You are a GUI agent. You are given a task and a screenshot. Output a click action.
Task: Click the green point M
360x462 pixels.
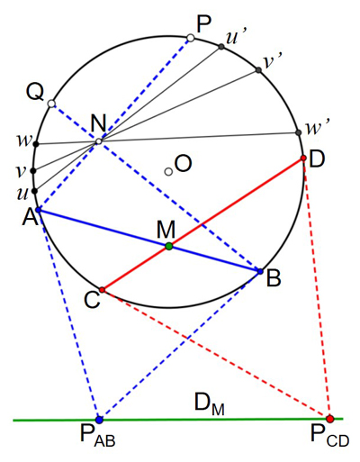point(169,246)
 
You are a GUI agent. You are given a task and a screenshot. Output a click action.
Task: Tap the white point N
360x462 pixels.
point(99,141)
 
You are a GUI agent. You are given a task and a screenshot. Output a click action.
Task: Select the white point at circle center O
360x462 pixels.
point(168,172)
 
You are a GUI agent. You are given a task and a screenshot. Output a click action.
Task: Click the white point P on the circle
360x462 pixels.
point(191,38)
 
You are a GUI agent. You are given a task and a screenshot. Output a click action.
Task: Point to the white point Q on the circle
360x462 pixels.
point(51,104)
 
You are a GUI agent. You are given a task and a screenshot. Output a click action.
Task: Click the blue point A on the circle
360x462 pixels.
point(39,210)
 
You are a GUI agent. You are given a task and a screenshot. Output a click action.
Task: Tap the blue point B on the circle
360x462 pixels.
point(260,271)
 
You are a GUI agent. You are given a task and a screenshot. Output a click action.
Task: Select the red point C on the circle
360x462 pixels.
point(102,290)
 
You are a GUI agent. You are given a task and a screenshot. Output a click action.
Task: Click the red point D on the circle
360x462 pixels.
point(303,158)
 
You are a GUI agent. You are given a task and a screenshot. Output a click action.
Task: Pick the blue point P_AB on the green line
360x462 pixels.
point(99,420)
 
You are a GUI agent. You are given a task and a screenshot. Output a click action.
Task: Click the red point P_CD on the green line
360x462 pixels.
point(329,419)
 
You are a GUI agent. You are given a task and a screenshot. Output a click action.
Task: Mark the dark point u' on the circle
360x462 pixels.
point(221,47)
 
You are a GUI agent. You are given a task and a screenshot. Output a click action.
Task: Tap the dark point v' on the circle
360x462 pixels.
point(258,70)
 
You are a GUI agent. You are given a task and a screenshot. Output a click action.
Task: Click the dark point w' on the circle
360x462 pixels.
point(298,132)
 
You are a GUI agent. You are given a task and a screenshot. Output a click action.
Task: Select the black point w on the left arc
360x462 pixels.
point(36,144)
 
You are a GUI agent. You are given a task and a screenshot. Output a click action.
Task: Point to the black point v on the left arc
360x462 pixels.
point(33,171)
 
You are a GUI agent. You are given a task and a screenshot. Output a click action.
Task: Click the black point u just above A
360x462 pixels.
point(34,191)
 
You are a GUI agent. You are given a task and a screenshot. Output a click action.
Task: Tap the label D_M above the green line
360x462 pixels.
point(210,404)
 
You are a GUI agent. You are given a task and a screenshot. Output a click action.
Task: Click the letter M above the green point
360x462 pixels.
point(166,230)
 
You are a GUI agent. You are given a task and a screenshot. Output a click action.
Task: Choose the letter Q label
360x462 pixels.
point(35,93)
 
